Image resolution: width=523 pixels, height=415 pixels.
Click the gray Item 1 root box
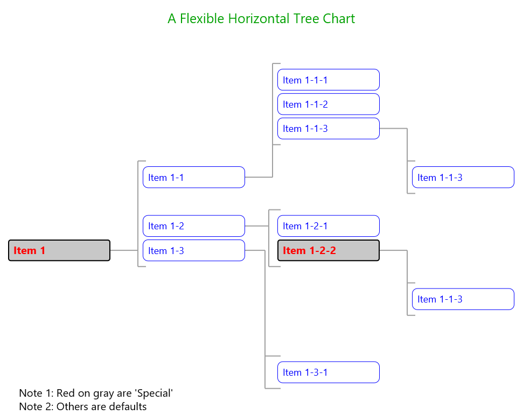pos(59,250)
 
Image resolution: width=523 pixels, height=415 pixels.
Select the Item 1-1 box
pos(194,177)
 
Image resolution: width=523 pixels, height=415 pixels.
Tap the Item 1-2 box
pos(194,226)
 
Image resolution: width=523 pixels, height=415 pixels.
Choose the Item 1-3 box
pos(194,250)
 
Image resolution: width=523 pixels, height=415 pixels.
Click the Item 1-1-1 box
pos(329,80)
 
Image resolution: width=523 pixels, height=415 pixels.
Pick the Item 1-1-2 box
pos(329,104)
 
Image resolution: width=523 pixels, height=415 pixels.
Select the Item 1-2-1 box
pos(329,226)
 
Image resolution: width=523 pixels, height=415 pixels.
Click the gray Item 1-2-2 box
pos(329,250)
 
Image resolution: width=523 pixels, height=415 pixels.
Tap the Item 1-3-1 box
pos(329,372)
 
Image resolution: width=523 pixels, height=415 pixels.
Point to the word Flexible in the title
pos(202,19)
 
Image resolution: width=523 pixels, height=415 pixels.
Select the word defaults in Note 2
pos(128,406)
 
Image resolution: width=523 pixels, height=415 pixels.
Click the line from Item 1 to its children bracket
pos(124,250)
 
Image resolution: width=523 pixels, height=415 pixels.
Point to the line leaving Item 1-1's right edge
pos(259,177)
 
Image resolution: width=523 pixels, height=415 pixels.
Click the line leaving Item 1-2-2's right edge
pos(393,250)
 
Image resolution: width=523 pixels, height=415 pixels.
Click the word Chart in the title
pos(339,19)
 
